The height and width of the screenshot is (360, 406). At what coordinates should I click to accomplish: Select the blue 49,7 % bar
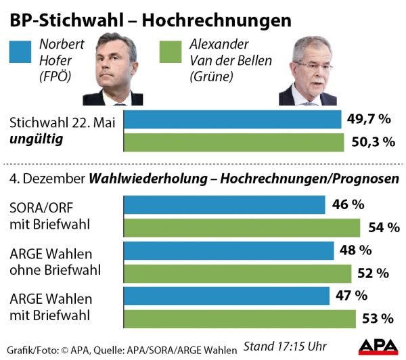[232, 120]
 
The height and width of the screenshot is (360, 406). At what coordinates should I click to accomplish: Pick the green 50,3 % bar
[233, 142]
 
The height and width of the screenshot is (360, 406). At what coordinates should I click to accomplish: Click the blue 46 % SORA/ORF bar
[224, 204]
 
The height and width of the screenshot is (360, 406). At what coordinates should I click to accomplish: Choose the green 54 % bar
[241, 227]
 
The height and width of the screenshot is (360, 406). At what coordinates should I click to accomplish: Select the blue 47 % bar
[226, 296]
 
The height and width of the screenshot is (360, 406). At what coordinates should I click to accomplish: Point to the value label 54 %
[385, 227]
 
